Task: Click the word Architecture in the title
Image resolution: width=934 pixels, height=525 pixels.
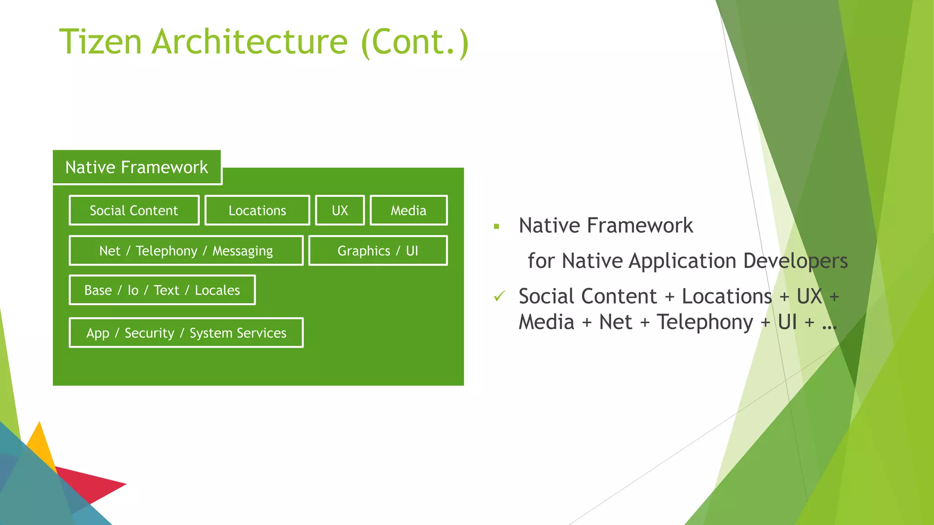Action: pyautogui.click(x=249, y=42)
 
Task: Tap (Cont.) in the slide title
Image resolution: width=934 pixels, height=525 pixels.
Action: pyautogui.click(x=414, y=42)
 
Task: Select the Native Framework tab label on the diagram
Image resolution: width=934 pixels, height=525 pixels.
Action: pyautogui.click(x=136, y=167)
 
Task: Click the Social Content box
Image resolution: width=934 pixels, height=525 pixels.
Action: pyautogui.click(x=134, y=211)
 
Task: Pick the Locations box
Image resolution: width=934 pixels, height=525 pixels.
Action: pyautogui.click(x=257, y=211)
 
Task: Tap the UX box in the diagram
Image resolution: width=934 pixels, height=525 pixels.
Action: pyautogui.click(x=340, y=211)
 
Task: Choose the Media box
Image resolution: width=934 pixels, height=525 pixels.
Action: pyautogui.click(x=408, y=211)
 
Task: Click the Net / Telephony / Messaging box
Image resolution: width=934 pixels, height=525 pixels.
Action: pyautogui.click(x=186, y=251)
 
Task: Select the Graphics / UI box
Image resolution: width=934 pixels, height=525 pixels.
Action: pyautogui.click(x=378, y=251)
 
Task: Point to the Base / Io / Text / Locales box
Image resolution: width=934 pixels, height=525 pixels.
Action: pyautogui.click(x=162, y=290)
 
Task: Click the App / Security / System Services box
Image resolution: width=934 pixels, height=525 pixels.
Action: pyautogui.click(x=186, y=333)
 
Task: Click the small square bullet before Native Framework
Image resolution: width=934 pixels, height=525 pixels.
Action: pyautogui.click(x=496, y=226)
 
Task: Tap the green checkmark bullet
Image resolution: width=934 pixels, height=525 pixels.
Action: pyautogui.click(x=499, y=296)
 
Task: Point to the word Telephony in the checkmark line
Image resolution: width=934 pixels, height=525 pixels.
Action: pyautogui.click(x=705, y=322)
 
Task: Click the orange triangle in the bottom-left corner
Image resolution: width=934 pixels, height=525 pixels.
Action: pyautogui.click(x=41, y=444)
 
